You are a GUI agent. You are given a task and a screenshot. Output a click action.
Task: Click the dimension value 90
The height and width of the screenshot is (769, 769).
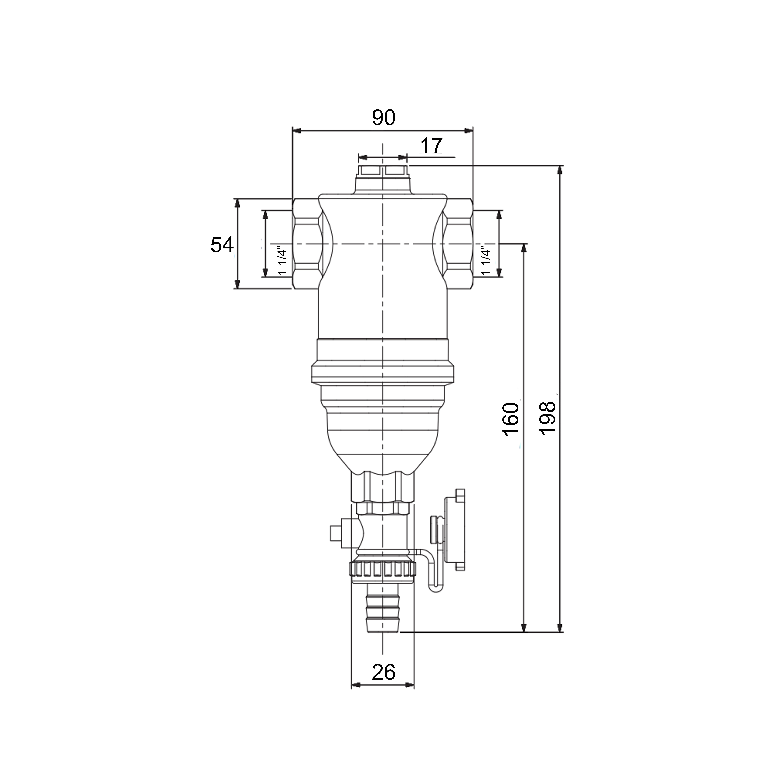[x=384, y=118]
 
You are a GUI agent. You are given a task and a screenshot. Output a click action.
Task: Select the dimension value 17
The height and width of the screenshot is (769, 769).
[x=431, y=146]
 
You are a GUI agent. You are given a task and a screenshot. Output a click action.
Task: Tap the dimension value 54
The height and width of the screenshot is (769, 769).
[x=222, y=245]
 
